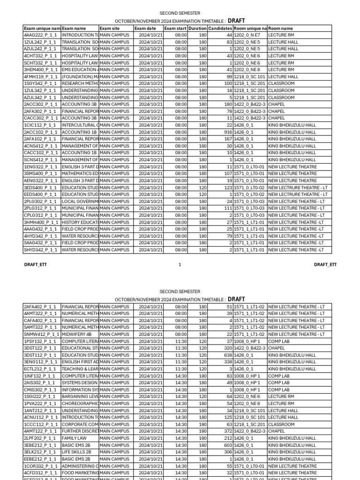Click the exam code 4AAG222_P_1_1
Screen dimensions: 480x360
(x=40, y=35)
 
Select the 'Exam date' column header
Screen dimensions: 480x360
(x=145, y=28)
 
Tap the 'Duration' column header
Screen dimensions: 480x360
(x=197, y=28)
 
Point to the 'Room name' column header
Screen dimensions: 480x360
(x=280, y=28)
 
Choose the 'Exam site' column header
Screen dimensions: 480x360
(x=110, y=28)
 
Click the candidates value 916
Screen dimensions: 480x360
(x=226, y=132)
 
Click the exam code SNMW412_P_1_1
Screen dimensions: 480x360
(x=42, y=334)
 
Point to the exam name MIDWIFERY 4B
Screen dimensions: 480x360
(x=77, y=334)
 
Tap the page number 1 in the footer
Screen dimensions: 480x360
(x=180, y=265)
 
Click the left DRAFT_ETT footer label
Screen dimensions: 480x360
(x=35, y=265)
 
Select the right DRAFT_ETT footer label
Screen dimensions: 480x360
(x=325, y=265)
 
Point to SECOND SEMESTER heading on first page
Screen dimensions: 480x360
(x=180, y=13)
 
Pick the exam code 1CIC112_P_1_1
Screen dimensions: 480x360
(x=40, y=125)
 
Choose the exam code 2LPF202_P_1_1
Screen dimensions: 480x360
(x=40, y=438)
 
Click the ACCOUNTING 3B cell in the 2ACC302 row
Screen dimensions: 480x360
(x=79, y=105)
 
